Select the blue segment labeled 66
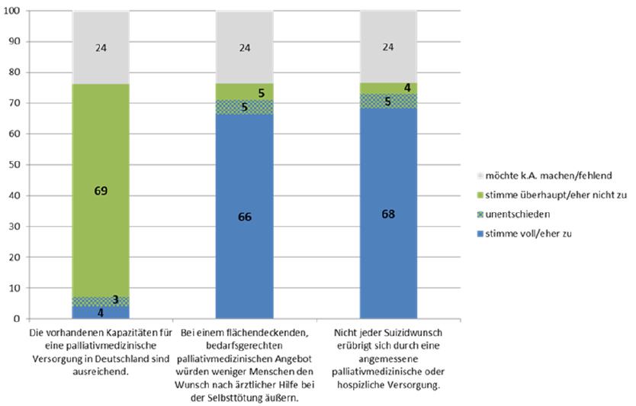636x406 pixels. point(244,217)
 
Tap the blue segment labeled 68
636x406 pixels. point(388,214)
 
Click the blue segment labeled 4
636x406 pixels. point(101,312)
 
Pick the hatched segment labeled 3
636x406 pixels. point(101,301)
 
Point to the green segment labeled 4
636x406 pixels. point(388,88)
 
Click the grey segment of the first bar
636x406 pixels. point(101,47)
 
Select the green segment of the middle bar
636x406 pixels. point(244,92)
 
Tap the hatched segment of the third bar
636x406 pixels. point(388,101)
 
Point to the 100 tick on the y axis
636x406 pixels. point(13,11)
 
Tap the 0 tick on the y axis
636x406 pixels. point(18,319)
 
